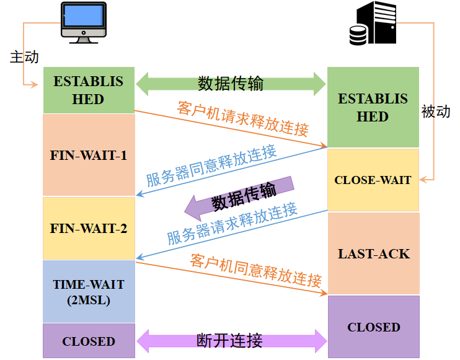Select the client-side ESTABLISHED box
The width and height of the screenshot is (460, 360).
[x=89, y=90]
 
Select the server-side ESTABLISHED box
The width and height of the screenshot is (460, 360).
[x=373, y=108]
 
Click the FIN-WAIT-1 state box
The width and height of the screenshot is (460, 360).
[x=89, y=155]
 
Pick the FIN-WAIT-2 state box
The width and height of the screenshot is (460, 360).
[x=89, y=228]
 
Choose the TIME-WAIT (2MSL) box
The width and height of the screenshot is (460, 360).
[x=89, y=292]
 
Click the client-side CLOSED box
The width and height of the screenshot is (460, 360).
[x=89, y=341]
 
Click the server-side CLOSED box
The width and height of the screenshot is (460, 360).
[x=373, y=327]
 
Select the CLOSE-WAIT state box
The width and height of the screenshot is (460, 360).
[x=373, y=180]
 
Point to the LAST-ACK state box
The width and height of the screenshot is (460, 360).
[x=373, y=253]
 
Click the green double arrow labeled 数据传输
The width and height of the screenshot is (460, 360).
[x=231, y=84]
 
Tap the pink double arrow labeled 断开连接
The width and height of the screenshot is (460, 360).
[x=231, y=340]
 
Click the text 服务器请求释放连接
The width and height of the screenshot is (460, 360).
[x=232, y=223]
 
